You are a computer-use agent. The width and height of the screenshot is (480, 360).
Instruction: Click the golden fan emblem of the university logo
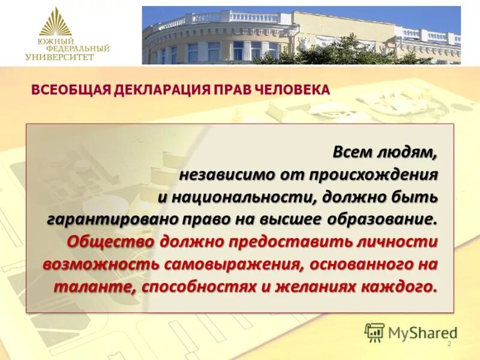click(56, 22)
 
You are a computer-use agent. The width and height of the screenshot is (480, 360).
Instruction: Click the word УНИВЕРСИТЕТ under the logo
click(60, 57)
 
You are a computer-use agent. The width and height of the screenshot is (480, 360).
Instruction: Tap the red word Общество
click(103, 241)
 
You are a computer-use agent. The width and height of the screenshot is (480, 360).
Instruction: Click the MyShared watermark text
click(422, 332)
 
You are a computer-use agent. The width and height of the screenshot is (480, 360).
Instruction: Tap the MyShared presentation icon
click(375, 332)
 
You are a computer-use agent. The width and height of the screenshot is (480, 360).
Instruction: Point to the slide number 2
click(449, 344)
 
